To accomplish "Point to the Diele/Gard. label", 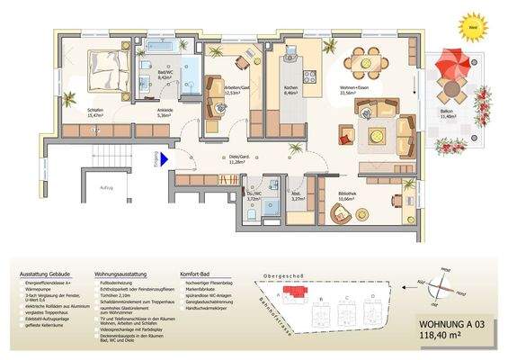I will pos(238,161).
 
